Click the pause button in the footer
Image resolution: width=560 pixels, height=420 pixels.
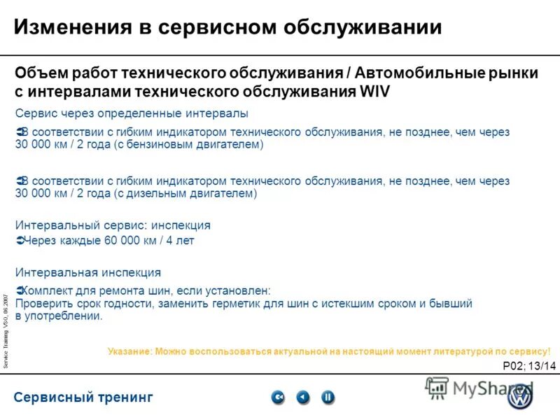click(327, 398)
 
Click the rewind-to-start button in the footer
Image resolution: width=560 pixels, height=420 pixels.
click(278, 398)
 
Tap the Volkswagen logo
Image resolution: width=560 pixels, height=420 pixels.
click(519, 398)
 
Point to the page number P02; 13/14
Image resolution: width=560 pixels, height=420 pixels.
click(529, 365)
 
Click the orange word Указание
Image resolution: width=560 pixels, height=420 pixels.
click(129, 351)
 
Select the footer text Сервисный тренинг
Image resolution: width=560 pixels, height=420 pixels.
click(83, 398)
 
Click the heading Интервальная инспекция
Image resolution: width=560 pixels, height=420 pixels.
click(88, 272)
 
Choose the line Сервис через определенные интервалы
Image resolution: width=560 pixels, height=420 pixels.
click(132, 113)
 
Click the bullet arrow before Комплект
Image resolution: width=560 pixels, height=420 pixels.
click(19, 290)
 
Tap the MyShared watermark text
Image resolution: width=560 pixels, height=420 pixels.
click(483, 388)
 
